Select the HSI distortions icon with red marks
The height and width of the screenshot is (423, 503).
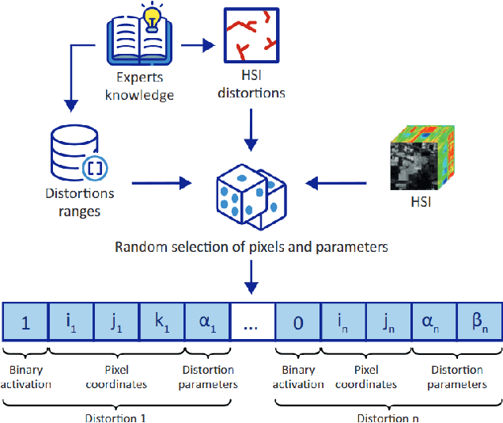pyautogui.click(x=251, y=35)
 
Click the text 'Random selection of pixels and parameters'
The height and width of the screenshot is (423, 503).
pyautogui.click(x=251, y=246)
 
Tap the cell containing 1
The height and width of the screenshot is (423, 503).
pyautogui.click(x=25, y=323)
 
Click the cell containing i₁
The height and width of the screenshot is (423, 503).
pyautogui.click(x=71, y=323)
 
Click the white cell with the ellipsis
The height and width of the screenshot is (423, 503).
pyautogui.click(x=252, y=323)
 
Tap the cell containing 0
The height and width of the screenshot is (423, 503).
pyautogui.click(x=298, y=323)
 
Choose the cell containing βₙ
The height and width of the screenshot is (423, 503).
pyautogui.click(x=479, y=323)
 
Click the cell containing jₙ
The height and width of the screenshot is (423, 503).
pyautogui.click(x=388, y=323)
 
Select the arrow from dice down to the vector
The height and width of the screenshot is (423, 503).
pyautogui.click(x=251, y=277)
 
